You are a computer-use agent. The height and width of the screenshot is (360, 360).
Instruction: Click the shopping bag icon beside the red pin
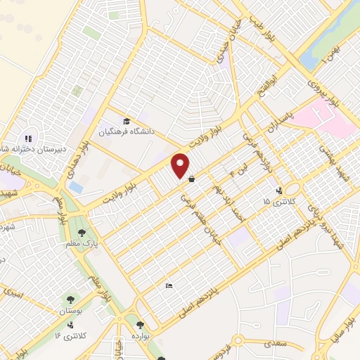192,179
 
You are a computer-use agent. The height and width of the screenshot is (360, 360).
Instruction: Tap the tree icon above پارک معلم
82,231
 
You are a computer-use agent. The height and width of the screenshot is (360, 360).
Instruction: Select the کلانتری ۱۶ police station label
70,336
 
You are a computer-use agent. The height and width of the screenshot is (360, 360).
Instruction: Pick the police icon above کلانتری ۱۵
280,190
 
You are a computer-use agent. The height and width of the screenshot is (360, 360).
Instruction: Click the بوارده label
142,336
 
